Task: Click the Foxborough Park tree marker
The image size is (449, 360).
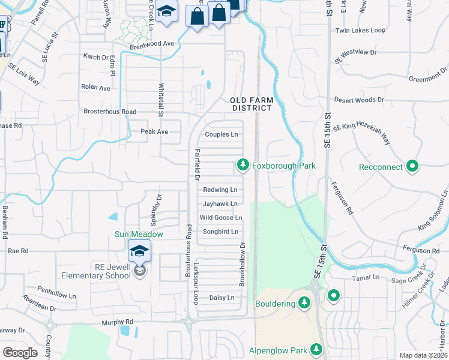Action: [x=243, y=164]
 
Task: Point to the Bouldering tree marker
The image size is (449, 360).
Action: [x=304, y=303]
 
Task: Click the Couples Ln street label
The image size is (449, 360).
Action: [x=221, y=134]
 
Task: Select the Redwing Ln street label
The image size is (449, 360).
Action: [x=220, y=190]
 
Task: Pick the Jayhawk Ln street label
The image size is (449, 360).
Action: [x=220, y=204]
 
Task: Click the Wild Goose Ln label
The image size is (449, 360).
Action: [x=221, y=218]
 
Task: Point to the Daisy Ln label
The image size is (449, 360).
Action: [x=221, y=298]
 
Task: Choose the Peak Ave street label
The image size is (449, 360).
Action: [x=154, y=131]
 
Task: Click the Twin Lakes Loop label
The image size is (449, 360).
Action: [x=360, y=30]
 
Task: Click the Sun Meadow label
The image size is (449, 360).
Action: [x=139, y=233]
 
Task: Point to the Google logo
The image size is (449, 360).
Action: [x=20, y=353]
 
